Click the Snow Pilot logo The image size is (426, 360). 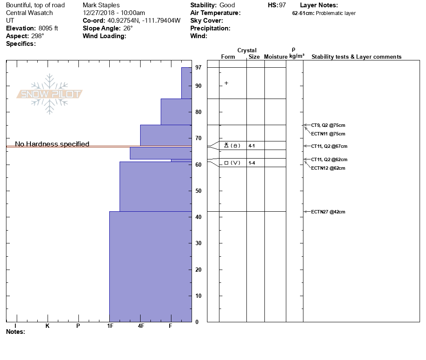point(50,94)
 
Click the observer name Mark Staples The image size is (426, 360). point(101,5)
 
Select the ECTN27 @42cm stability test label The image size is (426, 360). point(328,212)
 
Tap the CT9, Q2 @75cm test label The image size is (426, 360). point(328,125)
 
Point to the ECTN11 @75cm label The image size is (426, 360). point(328,134)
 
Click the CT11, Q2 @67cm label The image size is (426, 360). point(329,146)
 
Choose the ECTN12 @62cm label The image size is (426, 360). point(328,168)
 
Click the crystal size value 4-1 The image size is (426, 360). point(252,146)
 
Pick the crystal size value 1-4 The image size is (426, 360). point(252,163)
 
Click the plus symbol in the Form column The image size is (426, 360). point(226,83)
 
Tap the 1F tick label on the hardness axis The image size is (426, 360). point(110,326)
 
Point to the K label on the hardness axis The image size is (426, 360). point(48,326)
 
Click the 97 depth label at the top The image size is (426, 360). point(198,68)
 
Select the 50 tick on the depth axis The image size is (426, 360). point(198,191)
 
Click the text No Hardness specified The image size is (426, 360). point(52,144)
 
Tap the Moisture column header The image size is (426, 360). point(276,57)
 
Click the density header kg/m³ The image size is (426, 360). point(297,56)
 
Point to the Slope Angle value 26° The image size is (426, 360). point(126,28)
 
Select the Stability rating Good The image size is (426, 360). point(227,5)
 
